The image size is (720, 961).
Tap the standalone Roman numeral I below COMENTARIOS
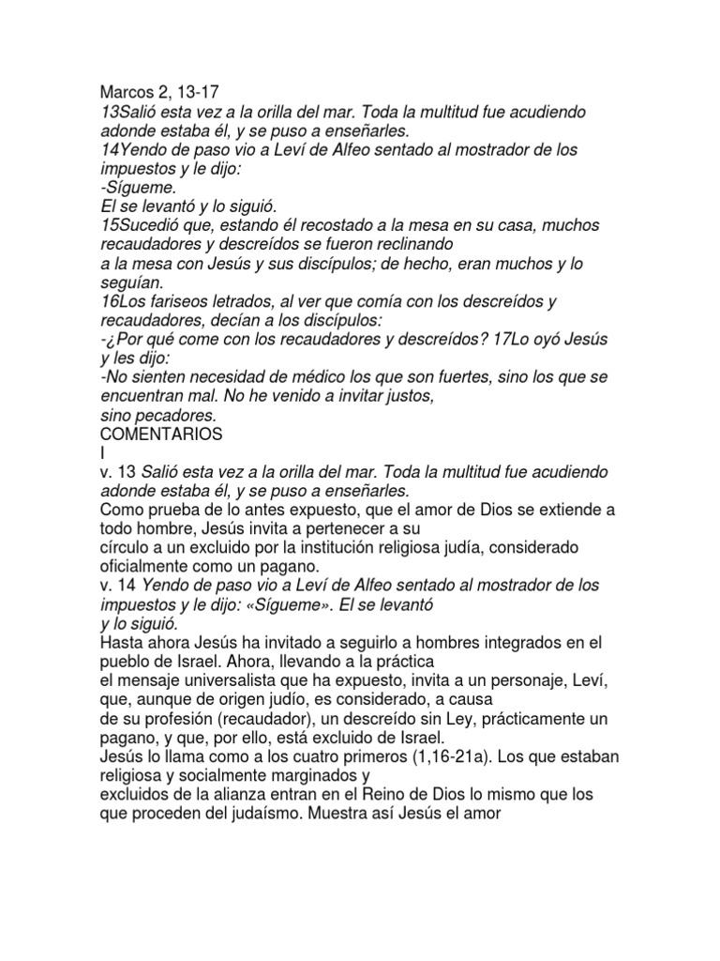[x=102, y=452]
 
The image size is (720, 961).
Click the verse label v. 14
[x=116, y=586]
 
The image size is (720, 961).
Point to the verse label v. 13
[x=116, y=471]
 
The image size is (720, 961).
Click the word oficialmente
[x=149, y=566]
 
